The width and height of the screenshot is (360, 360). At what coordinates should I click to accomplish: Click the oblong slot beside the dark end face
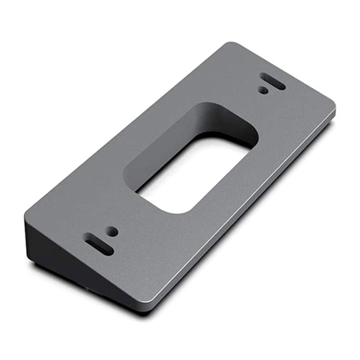point(99,244)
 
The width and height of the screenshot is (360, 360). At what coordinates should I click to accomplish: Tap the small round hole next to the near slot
point(112,231)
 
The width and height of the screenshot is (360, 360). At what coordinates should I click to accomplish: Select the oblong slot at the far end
point(273,82)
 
